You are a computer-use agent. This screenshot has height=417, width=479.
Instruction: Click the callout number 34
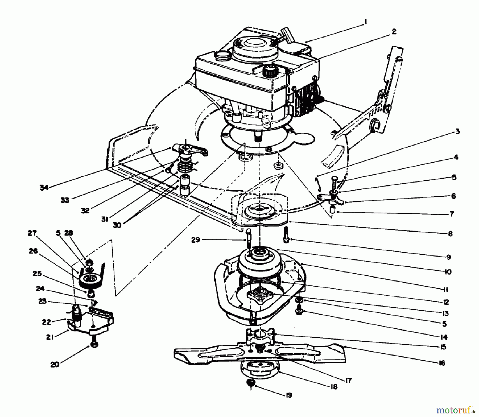pyautogui.click(x=44, y=188)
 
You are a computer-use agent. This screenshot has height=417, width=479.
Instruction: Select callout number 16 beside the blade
pyautogui.click(x=441, y=363)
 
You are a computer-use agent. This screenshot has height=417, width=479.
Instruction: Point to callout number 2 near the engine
pyautogui.click(x=394, y=32)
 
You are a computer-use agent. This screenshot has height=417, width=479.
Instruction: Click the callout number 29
pyautogui.click(x=196, y=240)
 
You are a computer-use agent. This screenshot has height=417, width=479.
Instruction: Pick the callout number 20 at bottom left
pyautogui.click(x=55, y=364)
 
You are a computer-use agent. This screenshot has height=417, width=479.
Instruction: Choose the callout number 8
pyautogui.click(x=450, y=234)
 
